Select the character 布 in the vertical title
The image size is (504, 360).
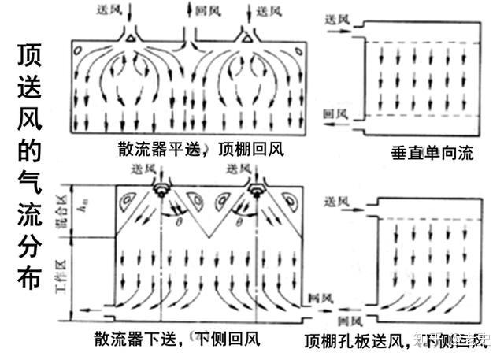click(x=30, y=274)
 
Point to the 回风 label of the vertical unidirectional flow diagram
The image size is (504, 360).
click(x=336, y=114)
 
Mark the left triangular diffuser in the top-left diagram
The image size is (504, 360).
click(x=131, y=38)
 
